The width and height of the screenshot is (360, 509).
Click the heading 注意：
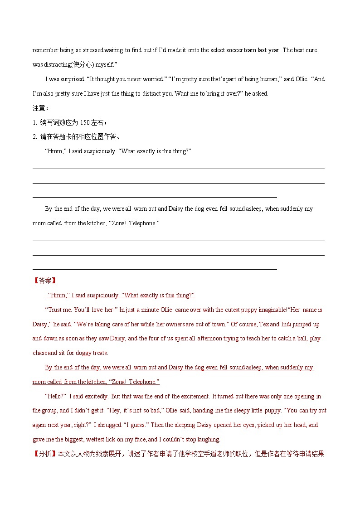(40, 108)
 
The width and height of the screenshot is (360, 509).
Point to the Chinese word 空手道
(205, 454)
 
